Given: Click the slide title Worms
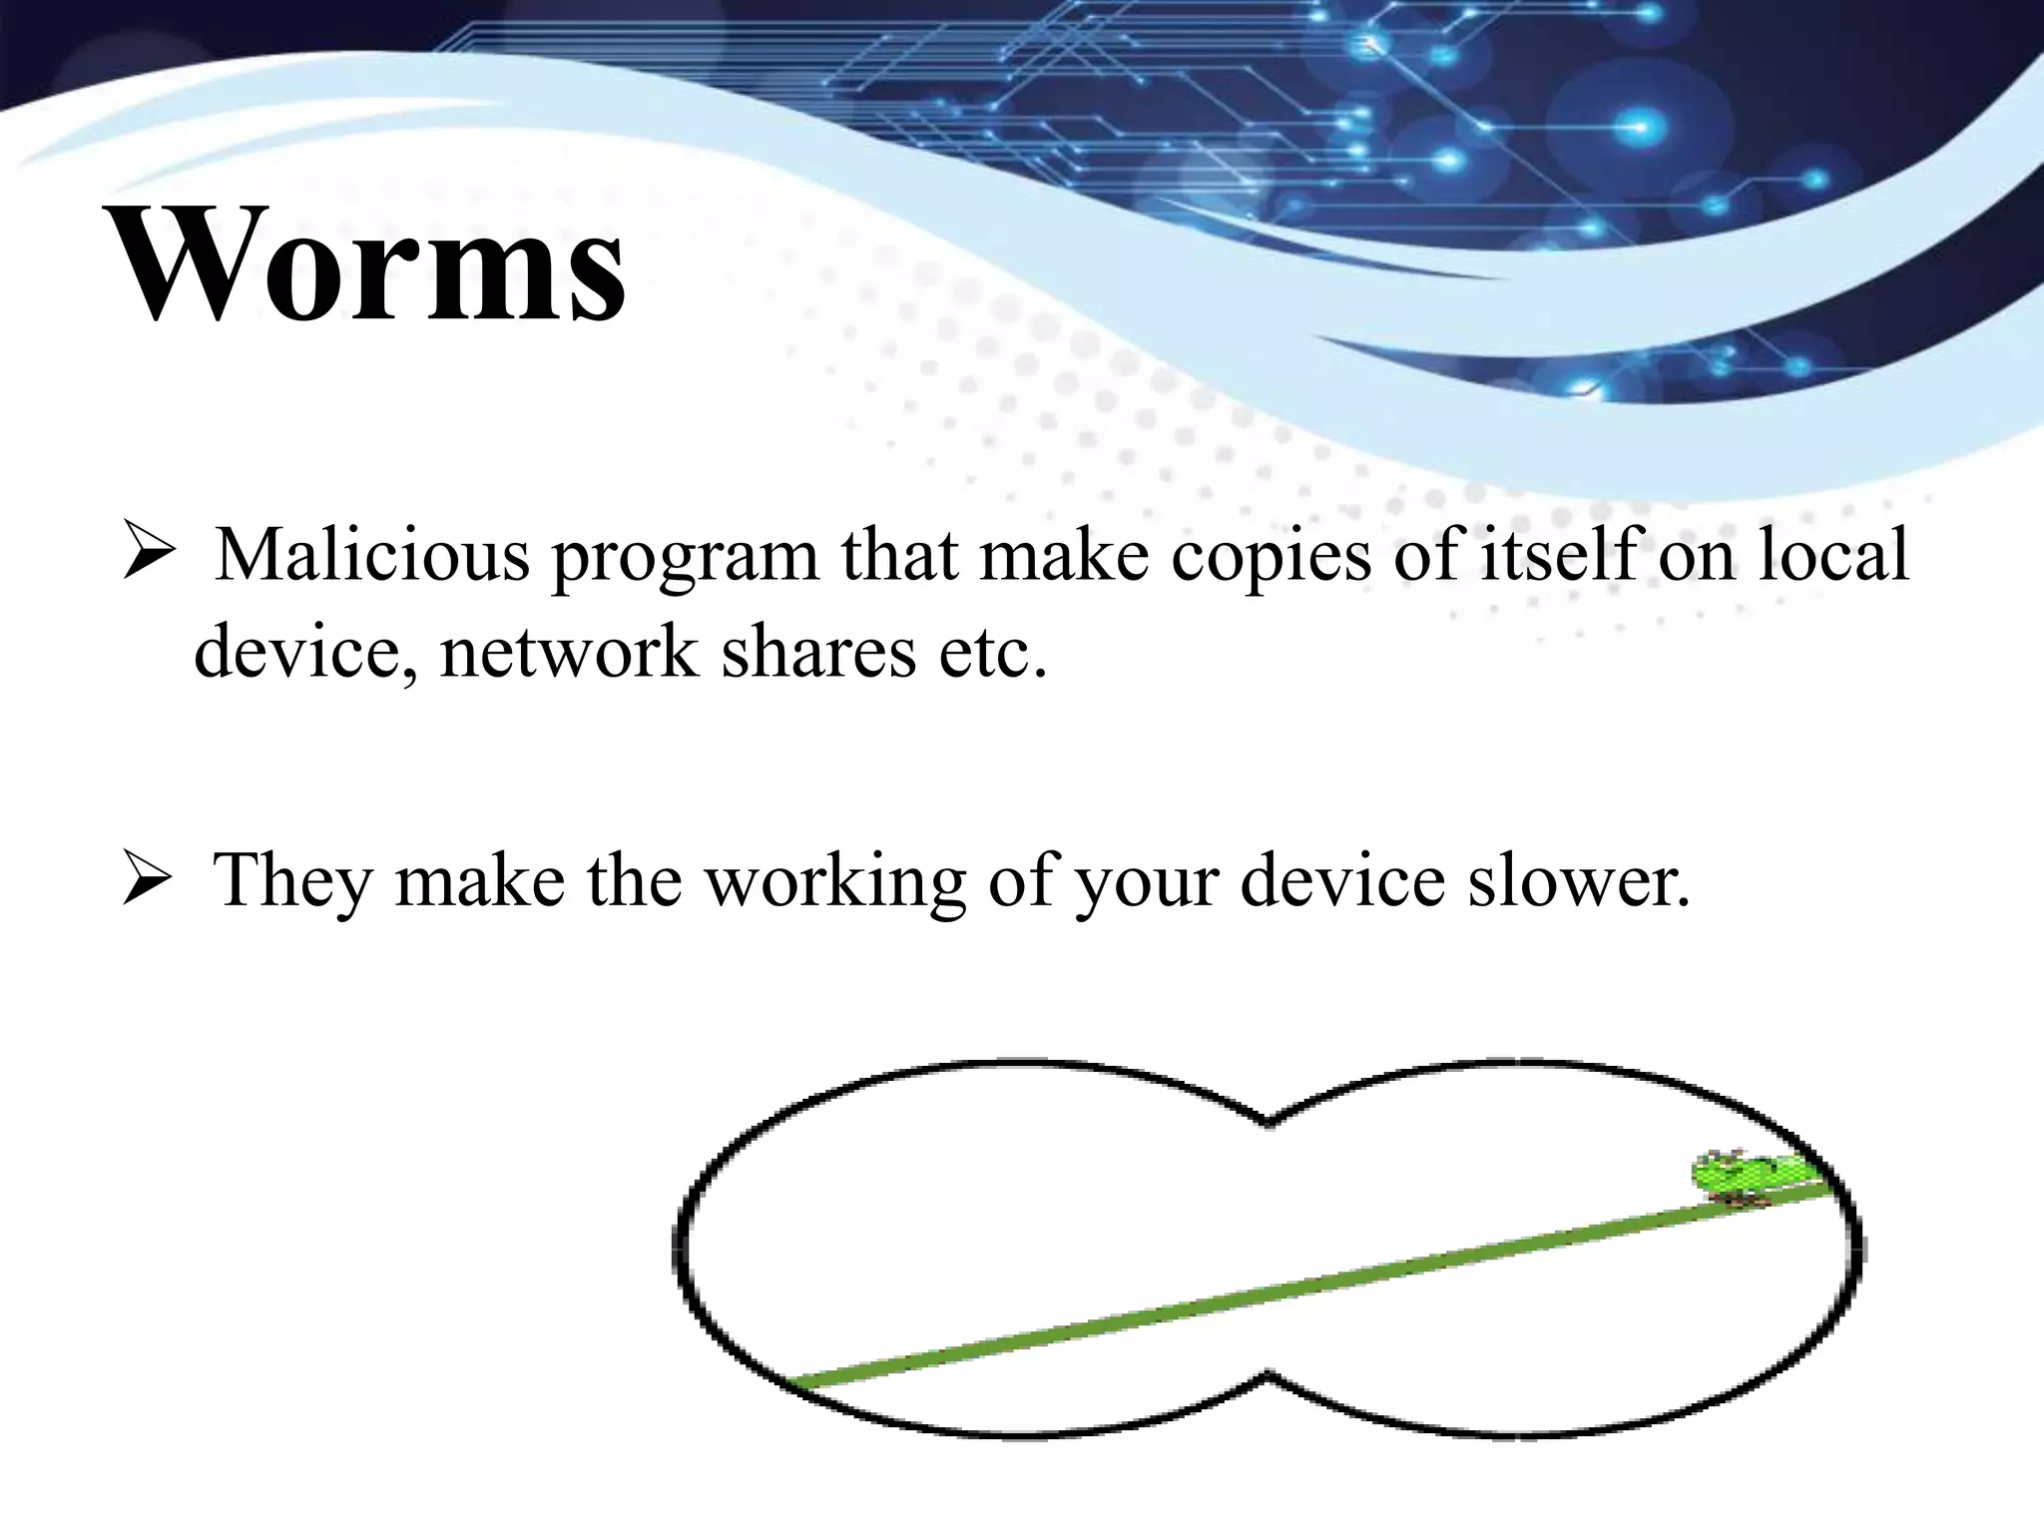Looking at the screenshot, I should [x=367, y=264].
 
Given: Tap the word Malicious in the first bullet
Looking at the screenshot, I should [x=372, y=555].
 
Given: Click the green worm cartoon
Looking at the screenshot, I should [x=1761, y=1178].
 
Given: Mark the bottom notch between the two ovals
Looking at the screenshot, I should [x=1268, y=1376].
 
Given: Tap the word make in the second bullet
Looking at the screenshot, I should [x=479, y=881].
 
